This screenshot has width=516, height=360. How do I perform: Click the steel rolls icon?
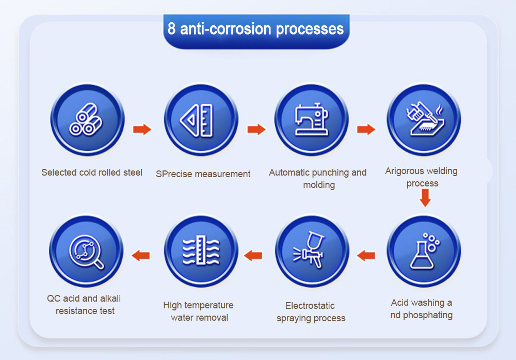[86, 119]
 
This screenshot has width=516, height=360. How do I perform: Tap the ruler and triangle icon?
[197, 120]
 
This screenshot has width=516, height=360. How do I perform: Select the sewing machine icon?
[311, 119]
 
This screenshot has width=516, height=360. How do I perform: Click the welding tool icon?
[425, 119]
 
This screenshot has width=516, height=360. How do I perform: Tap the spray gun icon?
[309, 249]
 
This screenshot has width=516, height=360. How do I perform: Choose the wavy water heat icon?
[201, 251]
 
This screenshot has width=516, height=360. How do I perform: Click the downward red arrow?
[425, 198]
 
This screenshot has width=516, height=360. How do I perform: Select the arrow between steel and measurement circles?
[142, 129]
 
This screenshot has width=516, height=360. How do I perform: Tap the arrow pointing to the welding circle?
[366, 129]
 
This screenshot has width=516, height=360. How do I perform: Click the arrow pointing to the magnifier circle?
[141, 255]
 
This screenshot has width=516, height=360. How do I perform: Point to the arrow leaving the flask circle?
[366, 255]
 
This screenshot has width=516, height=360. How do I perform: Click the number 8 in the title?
[171, 28]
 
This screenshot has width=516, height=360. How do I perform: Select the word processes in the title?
[310, 29]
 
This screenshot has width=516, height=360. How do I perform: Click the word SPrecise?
[173, 174]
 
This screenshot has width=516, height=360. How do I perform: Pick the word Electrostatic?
[310, 306]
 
